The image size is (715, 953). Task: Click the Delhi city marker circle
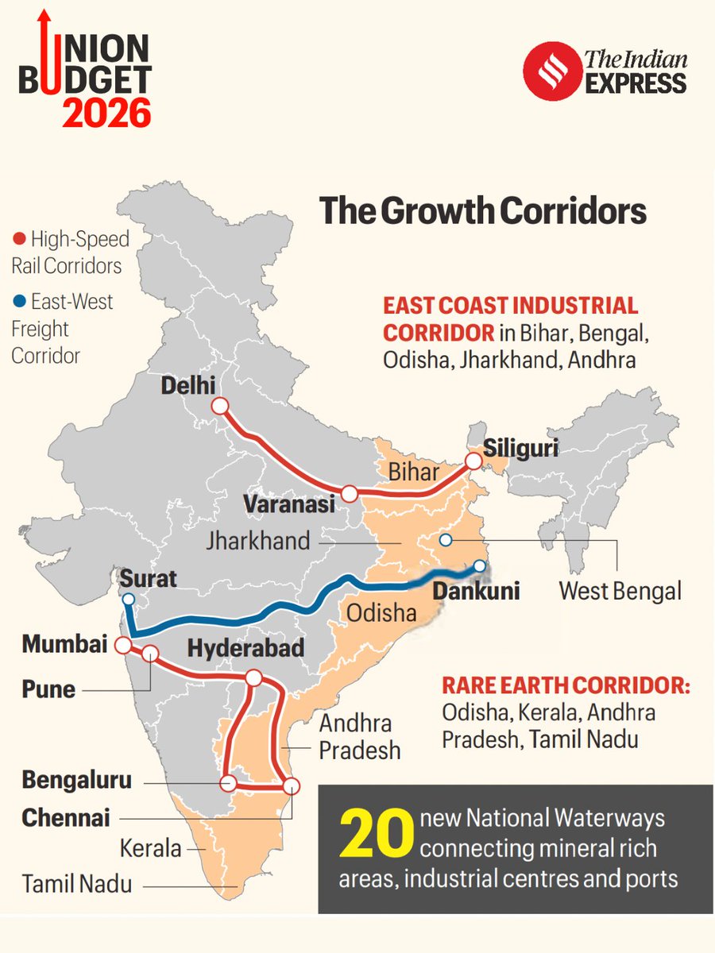220,407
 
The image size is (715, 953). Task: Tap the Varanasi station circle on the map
349,494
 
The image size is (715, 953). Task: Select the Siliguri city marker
474,461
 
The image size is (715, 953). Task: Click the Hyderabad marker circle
254,677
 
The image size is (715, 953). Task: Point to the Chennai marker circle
292,786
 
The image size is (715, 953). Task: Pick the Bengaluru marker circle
229,783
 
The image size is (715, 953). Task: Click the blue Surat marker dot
129,599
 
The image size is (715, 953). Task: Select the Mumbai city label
64,645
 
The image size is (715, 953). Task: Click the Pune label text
48,689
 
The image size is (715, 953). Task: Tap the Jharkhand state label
257,542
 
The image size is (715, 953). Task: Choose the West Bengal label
620,592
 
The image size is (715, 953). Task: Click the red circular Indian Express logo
549,71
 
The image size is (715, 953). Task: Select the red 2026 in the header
106,114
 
